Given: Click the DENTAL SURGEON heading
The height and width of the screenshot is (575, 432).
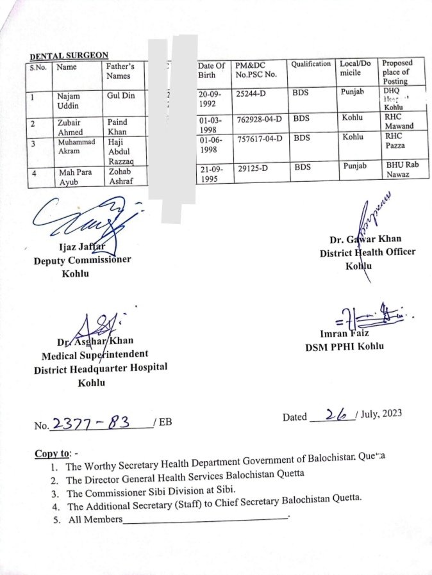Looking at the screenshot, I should (69, 56).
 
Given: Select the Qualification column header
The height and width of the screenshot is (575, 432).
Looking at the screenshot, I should (311, 65).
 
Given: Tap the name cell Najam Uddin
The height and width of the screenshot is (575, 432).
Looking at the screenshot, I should (68, 101).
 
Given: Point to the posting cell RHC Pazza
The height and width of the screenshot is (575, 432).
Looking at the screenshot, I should (394, 142).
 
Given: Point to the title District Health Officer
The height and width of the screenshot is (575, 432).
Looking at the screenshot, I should (367, 252).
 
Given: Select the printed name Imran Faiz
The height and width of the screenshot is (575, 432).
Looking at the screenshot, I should (345, 334).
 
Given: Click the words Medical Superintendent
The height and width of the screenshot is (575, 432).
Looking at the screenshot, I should (95, 354).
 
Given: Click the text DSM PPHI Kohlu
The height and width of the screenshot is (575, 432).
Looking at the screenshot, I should (345, 347).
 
